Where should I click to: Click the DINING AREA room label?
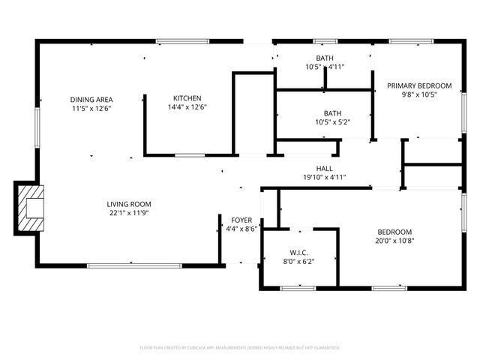point(91,99)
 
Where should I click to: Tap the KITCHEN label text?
point(187,98)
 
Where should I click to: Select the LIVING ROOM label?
point(129,204)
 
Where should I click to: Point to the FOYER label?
point(241,220)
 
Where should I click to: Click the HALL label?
point(325,169)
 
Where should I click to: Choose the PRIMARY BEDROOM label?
point(419,85)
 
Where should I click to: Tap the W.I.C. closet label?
point(298,253)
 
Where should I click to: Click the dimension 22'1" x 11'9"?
point(129,213)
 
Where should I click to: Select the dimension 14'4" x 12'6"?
point(187,107)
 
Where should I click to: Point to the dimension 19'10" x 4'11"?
point(325,178)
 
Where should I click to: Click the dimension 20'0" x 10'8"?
point(394,241)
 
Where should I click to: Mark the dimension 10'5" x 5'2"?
point(328,121)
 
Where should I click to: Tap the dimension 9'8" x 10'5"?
point(419,94)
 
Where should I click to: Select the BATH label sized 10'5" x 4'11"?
point(325,58)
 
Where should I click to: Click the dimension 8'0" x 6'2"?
point(298,262)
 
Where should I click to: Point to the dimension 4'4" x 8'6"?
point(241,229)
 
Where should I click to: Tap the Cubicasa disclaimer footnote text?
point(240,348)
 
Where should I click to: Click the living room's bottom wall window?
point(134,265)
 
